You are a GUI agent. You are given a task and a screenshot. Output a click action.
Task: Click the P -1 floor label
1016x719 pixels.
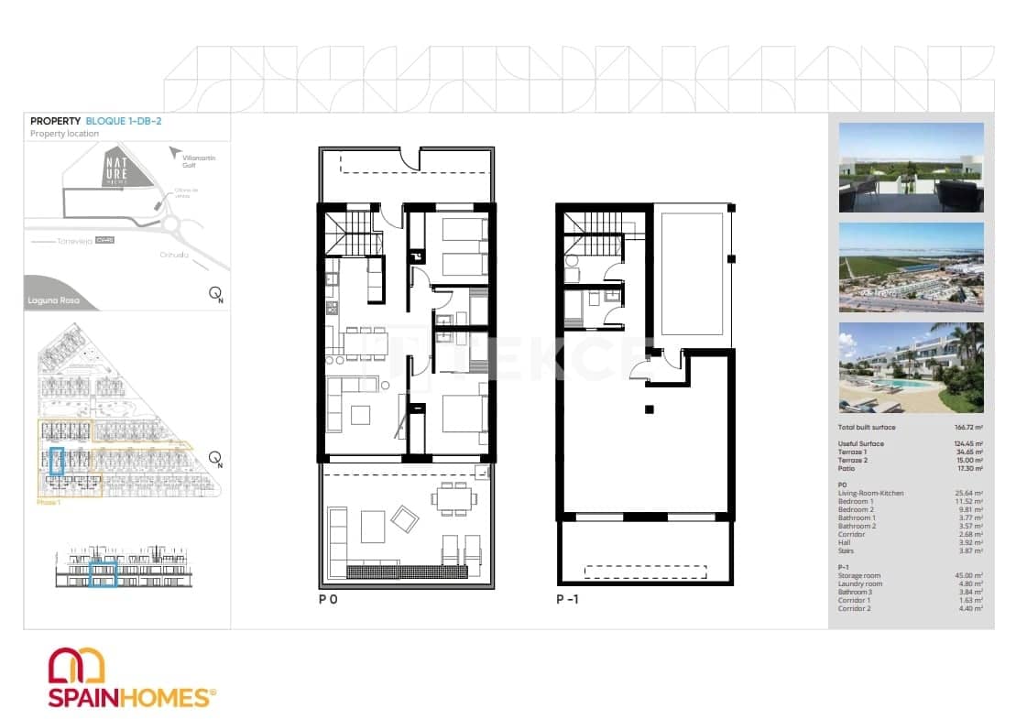pos(568,601)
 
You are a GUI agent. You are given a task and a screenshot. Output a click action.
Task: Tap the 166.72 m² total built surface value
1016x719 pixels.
pos(967,428)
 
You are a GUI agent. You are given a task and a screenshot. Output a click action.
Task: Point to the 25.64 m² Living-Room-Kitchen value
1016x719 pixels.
pos(968,494)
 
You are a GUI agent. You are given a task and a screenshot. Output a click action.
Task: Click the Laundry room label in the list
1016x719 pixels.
pos(860,583)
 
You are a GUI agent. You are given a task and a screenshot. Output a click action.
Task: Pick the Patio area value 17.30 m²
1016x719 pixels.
pos(968,469)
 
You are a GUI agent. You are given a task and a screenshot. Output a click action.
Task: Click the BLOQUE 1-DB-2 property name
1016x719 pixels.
pos(124,121)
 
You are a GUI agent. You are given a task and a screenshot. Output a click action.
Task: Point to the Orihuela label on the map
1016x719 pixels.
pos(173,256)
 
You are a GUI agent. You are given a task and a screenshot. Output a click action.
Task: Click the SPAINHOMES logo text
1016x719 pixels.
pos(128,698)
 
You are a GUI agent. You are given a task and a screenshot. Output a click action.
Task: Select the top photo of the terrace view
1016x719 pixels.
pos(911,168)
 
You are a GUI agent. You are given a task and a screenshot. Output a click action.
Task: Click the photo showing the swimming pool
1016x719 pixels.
pos(911,366)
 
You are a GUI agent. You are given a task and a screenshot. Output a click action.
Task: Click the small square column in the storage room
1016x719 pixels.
pos(649,409)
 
